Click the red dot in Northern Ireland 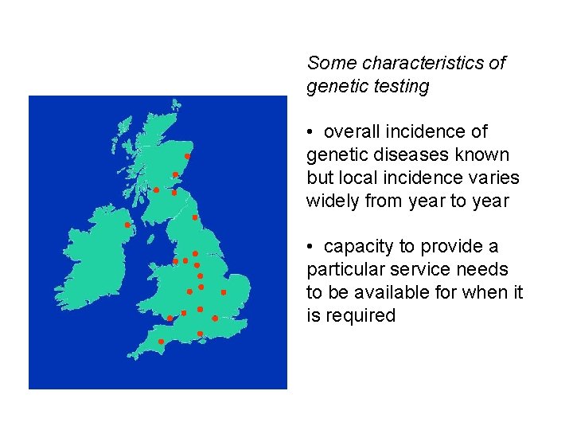pyautogui.click(x=127, y=225)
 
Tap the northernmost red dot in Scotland pyautogui.click(x=187, y=156)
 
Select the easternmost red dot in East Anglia pyautogui.click(x=224, y=292)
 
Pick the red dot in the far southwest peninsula pyautogui.click(x=161, y=342)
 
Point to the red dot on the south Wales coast pyautogui.click(x=169, y=319)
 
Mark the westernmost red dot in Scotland pyautogui.click(x=156, y=190)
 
